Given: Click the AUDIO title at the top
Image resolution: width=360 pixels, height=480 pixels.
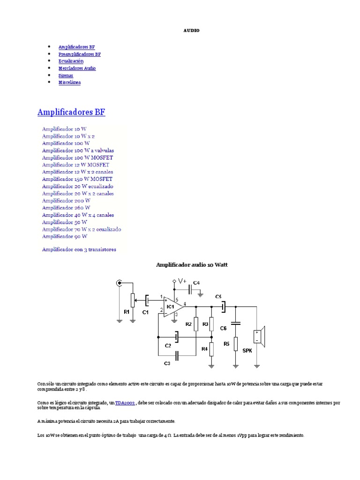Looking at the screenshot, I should [191, 30].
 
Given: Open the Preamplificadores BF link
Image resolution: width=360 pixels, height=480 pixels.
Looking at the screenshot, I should [79, 54].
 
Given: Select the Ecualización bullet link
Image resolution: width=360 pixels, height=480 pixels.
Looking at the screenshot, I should [71, 61].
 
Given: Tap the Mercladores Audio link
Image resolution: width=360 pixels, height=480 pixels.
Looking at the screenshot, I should [77, 68].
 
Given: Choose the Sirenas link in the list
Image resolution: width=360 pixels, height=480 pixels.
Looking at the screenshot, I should [66, 75].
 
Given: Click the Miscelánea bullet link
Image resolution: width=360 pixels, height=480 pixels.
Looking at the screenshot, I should [69, 82].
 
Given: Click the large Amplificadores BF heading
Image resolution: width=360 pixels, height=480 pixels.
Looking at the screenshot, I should [71, 112].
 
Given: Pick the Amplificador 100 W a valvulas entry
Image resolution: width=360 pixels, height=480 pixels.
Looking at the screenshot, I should [78, 150].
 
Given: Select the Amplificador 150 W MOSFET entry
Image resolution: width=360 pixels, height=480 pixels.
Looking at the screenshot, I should [77, 179].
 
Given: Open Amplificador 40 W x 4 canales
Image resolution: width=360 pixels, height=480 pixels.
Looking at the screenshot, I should [78, 215].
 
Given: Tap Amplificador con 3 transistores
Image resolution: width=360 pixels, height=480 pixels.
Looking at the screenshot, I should [79, 249].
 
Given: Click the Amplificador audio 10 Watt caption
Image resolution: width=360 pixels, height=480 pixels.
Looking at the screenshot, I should [191, 265].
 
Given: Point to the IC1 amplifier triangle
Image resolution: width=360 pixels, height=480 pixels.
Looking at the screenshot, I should [172, 307].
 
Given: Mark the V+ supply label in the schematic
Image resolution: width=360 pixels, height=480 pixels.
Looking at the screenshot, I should [181, 281].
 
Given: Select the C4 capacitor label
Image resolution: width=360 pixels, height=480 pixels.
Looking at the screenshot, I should [196, 283].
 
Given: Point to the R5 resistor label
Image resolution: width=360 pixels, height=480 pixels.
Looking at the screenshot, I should [226, 344].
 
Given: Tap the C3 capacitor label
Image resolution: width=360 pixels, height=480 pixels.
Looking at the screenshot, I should [167, 363].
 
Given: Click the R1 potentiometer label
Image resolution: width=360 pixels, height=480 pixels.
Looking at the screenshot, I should [127, 311].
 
